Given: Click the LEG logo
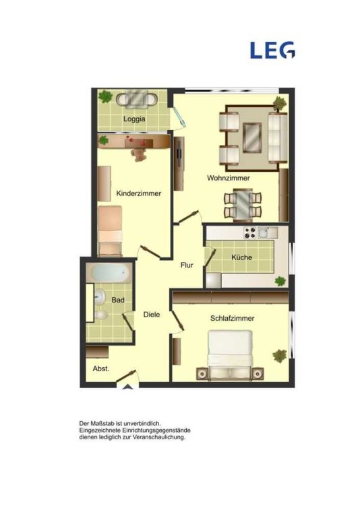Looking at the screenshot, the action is click(272, 50).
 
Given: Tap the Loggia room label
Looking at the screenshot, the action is click(134, 119).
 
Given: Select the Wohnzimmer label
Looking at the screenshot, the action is click(229, 178).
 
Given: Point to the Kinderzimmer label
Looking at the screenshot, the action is click(139, 193).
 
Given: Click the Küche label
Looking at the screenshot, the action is click(241, 257).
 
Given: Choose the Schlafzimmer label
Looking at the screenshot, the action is click(232, 318).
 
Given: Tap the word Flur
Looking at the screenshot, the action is click(187, 265).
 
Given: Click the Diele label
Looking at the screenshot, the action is click(152, 314).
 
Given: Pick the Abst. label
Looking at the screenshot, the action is click(101, 369).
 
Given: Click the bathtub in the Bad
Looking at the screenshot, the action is click(109, 273).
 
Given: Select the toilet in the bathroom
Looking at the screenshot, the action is click(100, 315).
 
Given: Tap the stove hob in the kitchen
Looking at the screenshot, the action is click(250, 232).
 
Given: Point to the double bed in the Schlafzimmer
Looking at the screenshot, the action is click(230, 355).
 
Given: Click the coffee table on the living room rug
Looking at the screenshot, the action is click(252, 137).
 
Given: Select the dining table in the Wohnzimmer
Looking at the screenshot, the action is click(243, 205).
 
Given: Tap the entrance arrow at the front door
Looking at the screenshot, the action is click(128, 387).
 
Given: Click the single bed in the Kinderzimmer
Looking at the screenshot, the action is click(110, 230).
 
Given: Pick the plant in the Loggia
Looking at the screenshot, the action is click(105, 96).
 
